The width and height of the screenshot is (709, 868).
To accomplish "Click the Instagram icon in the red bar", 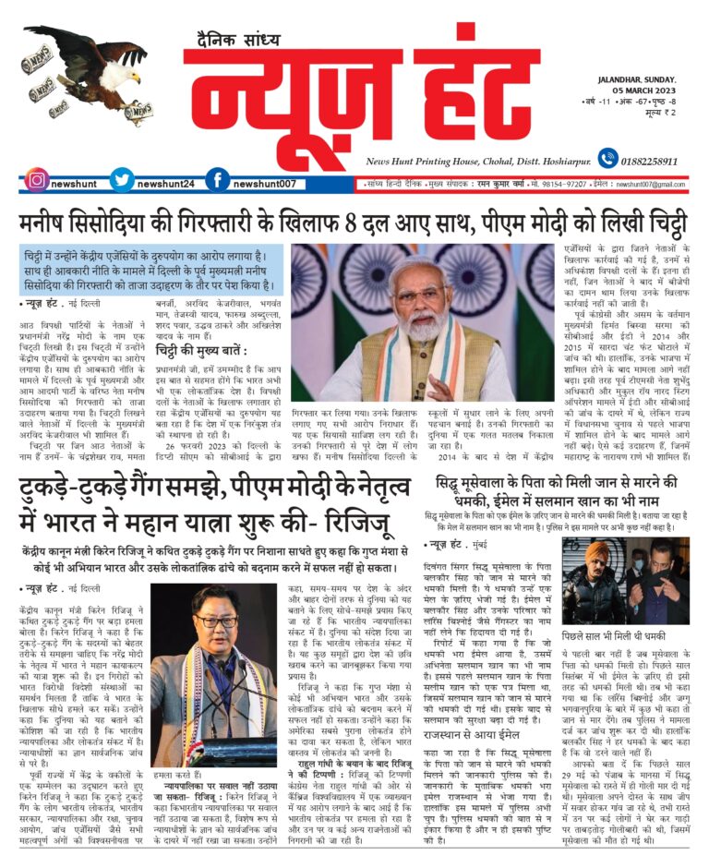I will click(x=35, y=181).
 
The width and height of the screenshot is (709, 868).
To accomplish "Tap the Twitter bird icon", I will click(x=119, y=181).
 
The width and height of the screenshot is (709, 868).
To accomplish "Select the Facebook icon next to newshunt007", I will click(x=215, y=181).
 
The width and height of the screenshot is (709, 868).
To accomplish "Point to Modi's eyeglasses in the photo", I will click(x=420, y=297).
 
